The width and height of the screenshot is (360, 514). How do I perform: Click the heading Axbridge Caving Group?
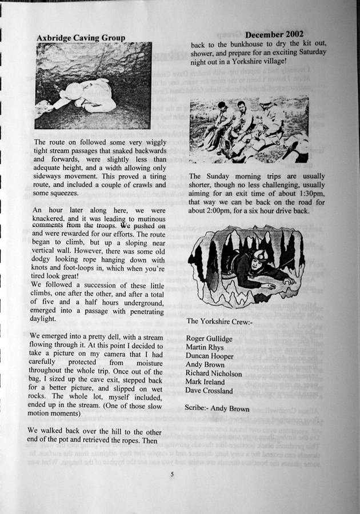coord(81,38)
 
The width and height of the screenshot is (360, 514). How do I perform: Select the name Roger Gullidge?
coord(209,339)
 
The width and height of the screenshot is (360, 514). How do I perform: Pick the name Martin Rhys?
coord(205,348)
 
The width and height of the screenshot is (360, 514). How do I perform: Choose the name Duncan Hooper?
coord(209,356)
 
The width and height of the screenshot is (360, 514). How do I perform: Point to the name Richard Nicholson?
coord(214,374)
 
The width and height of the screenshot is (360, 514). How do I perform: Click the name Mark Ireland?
coord(205,382)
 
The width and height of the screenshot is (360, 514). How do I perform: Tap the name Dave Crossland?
coord(209,391)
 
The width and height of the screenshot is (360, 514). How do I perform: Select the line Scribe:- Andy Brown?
coord(217,408)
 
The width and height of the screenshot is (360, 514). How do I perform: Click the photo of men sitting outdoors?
coord(249,130)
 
